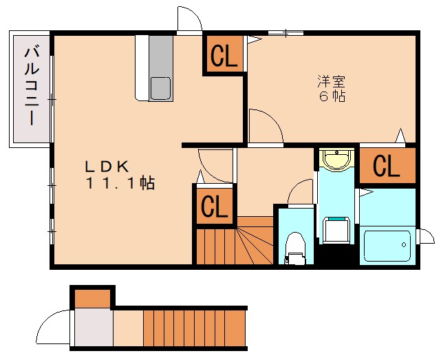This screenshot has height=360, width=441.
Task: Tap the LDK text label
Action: click(107, 166)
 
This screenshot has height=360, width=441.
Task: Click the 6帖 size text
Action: click(331, 96)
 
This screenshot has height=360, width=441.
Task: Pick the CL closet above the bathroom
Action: click(387, 166)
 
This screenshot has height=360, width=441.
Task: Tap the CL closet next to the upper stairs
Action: click(214, 207)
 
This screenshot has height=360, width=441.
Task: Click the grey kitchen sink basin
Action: click(160, 88)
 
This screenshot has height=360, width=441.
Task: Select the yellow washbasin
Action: click(336, 160)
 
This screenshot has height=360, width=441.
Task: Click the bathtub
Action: click(387, 245)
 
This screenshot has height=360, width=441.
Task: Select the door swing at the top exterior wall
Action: click(189, 20)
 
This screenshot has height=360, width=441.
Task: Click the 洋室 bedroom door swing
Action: click(264, 127)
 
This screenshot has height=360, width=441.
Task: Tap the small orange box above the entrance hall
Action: click(92, 298)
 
